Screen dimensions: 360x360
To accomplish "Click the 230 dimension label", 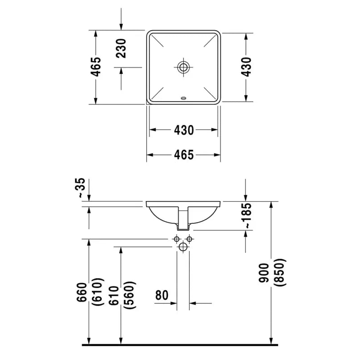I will (x=121, y=48).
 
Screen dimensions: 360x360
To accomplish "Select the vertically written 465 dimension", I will (x=96, y=67).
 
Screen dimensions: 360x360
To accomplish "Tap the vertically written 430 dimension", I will (x=246, y=67).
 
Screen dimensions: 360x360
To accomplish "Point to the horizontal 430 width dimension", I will (x=184, y=130).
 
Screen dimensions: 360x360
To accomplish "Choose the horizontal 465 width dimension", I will (x=184, y=155).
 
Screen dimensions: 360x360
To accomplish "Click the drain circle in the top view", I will (x=183, y=67).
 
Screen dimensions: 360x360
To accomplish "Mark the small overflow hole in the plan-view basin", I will (x=183, y=97).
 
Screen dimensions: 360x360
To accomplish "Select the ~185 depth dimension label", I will (x=246, y=216).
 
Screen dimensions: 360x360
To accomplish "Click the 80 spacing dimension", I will (x=162, y=295).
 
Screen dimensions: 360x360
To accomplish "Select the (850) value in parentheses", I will (x=281, y=273).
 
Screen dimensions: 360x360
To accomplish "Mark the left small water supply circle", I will (x=177, y=238).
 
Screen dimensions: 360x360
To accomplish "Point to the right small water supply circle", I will (x=189, y=238).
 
